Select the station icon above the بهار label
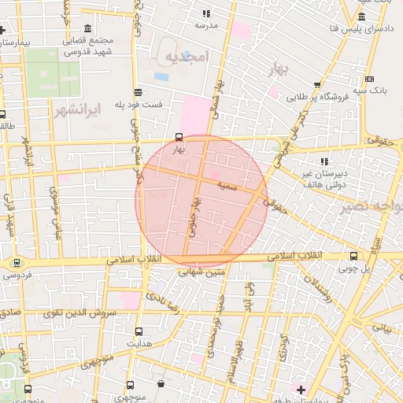(179, 137)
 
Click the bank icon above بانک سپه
(369, 79)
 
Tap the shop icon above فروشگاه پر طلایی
(317, 85)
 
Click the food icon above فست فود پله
(139, 91)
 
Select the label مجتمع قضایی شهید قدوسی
(107, 46)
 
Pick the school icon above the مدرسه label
(206, 13)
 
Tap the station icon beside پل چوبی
(353, 255)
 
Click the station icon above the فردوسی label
(17, 263)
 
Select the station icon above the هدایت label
(139, 331)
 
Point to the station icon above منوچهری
(131, 386)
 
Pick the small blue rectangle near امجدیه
(161, 76)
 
